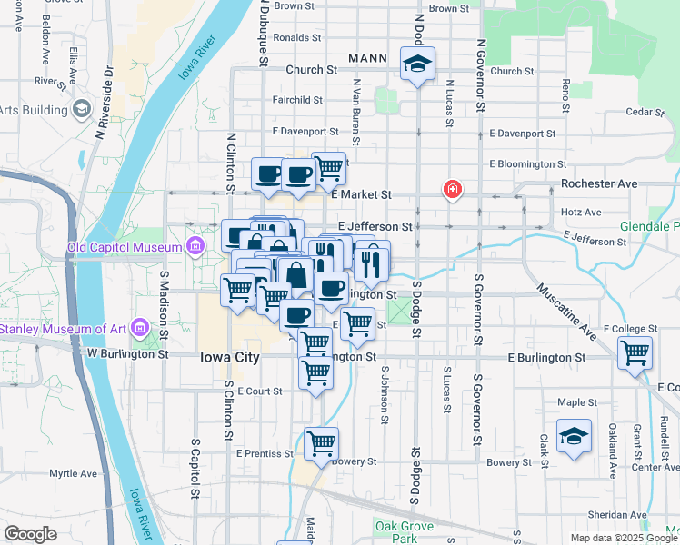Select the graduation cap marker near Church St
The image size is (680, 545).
417,64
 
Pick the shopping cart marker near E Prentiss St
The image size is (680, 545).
322,443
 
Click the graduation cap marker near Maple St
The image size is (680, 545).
575,436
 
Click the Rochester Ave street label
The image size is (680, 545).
600,183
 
